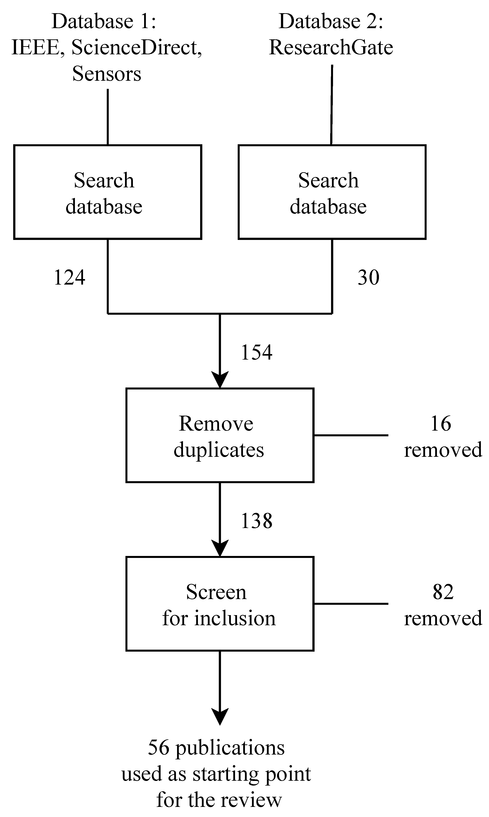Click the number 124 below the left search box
tap(69, 277)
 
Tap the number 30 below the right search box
tap(368, 277)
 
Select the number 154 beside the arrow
tap(257, 352)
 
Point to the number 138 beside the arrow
tap(257, 521)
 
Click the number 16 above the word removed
tap(441, 424)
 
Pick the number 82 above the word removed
tap(443, 592)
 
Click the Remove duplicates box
tap(220, 435)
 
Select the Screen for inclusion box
tap(220, 604)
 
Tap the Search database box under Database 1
tap(108, 192)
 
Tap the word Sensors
tap(107, 73)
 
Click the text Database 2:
tap(331, 21)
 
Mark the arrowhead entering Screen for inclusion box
tap(220, 548)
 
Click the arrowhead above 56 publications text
tap(220, 716)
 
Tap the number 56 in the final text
tap(159, 748)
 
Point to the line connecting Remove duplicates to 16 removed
tap(351, 435)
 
